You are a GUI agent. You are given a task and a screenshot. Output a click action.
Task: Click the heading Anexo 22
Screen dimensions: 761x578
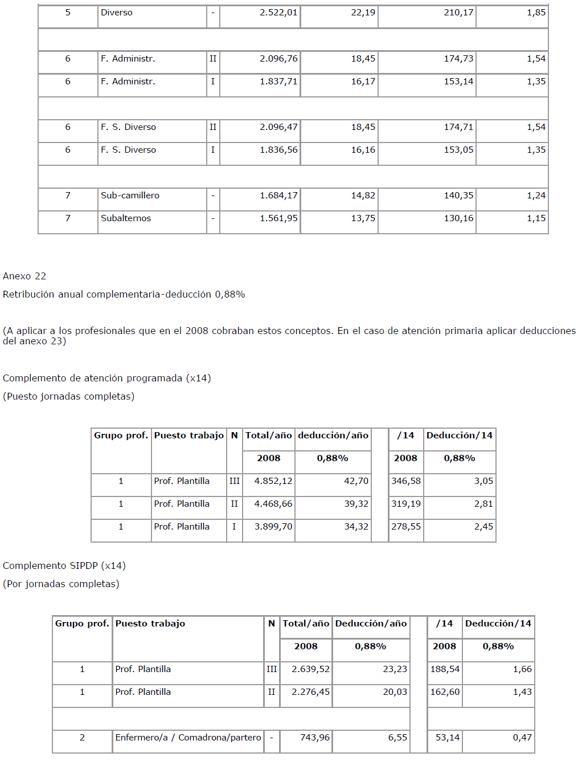coord(24,276)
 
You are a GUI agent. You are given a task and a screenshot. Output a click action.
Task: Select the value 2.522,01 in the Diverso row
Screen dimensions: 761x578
coord(278,13)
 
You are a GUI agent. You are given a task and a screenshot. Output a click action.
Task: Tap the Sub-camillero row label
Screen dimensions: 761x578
coord(130,196)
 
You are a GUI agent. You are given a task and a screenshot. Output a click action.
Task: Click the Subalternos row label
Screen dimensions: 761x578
coord(126,218)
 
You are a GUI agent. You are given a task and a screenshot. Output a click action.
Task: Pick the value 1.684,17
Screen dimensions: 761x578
coord(278,196)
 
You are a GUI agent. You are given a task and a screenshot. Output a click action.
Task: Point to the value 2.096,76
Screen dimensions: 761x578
coord(278,59)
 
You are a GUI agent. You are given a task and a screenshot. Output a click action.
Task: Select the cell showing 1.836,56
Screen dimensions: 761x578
coord(278,150)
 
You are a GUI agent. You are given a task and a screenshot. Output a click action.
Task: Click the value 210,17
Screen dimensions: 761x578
coord(458,13)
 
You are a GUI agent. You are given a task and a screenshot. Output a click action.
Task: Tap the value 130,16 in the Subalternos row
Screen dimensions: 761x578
coord(458,218)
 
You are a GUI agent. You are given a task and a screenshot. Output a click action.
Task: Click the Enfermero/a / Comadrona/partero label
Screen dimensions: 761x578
coord(188,738)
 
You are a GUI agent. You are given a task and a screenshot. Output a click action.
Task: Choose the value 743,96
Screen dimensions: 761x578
coord(315,738)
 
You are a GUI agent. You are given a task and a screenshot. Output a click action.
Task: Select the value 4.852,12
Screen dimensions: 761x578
coord(273,481)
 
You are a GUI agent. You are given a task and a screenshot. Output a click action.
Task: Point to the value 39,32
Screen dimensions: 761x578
coord(356,504)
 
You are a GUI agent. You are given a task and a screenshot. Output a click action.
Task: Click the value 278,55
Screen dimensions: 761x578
coord(406,527)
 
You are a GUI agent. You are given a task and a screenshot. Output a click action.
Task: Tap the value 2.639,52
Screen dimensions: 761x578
coord(310,669)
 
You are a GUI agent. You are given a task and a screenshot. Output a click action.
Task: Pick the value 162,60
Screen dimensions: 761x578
coord(445,692)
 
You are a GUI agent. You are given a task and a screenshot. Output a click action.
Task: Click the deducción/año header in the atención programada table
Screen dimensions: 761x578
coord(333,436)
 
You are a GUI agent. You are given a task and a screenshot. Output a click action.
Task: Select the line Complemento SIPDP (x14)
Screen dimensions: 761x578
coord(64,566)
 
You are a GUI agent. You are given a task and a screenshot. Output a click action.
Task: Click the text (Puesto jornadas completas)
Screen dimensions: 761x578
coord(69,397)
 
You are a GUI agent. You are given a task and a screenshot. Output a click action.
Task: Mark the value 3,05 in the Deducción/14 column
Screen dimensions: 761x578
coord(483,481)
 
